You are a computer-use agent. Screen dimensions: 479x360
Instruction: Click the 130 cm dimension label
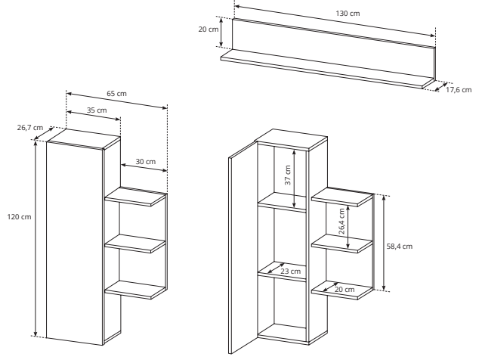pyautogui.click(x=348, y=14)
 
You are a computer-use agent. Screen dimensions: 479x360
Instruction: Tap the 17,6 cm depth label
pyautogui.click(x=459, y=90)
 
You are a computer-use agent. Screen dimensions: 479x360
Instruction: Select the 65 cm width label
pyautogui.click(x=116, y=94)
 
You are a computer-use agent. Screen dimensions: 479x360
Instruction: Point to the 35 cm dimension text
pyautogui.click(x=97, y=110)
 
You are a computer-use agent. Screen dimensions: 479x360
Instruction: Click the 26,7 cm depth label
pyautogui.click(x=30, y=128)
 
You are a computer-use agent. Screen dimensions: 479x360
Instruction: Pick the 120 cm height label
pyautogui.click(x=19, y=217)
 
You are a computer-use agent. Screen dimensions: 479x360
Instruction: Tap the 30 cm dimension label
pyautogui.click(x=146, y=162)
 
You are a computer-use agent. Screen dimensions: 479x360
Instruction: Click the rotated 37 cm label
pyautogui.click(x=288, y=175)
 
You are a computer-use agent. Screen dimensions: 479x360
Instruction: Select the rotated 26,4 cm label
pyautogui.click(x=341, y=221)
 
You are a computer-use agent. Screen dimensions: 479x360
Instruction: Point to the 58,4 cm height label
pyautogui.click(x=400, y=247)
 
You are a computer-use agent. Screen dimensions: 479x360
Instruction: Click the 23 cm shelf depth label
pyautogui.click(x=291, y=272)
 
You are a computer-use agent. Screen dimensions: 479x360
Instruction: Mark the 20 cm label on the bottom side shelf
pyautogui.click(x=345, y=290)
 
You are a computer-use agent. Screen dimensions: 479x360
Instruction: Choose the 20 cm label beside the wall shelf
pyautogui.click(x=209, y=29)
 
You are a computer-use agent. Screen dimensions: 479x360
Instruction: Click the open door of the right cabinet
pyautogui.click(x=243, y=248)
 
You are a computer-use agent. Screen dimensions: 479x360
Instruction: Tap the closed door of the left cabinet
pyautogui.click(x=74, y=244)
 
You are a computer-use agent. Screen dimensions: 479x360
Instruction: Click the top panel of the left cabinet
pyautogui.click(x=83, y=139)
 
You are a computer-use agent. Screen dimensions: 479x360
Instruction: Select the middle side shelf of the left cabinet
pyautogui.click(x=135, y=244)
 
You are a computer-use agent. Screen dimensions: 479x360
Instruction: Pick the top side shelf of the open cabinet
pyautogui.click(x=342, y=197)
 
